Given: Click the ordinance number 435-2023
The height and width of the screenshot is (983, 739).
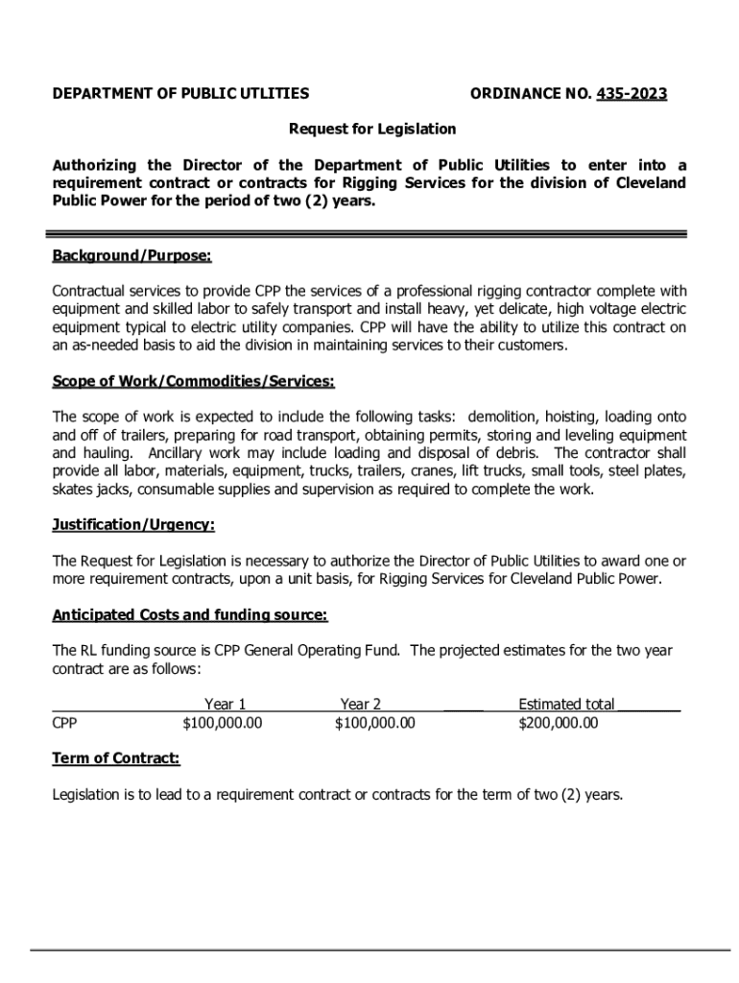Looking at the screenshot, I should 632,93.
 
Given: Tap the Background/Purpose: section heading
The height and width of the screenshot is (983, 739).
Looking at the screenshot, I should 131,256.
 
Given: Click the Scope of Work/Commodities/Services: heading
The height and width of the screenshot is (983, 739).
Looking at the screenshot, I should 193,382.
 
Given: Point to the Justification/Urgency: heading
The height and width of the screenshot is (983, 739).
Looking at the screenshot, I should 133,525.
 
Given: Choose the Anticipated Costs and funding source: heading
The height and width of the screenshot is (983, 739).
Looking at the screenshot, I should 189,614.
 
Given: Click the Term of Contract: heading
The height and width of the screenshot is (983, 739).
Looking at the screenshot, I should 115,758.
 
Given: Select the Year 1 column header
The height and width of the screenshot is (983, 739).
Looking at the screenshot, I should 226,705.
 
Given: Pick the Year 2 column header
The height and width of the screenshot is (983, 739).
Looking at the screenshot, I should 361,705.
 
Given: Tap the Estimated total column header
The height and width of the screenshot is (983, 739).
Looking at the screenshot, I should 566,705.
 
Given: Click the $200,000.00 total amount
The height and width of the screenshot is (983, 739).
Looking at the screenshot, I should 558,723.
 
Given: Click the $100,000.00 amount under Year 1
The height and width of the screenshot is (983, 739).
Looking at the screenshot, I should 222,723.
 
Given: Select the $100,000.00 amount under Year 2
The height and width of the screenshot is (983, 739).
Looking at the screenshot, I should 374,723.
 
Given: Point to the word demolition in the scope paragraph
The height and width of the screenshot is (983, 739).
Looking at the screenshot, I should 505,418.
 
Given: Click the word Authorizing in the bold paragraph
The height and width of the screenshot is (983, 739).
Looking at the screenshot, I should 94,165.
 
